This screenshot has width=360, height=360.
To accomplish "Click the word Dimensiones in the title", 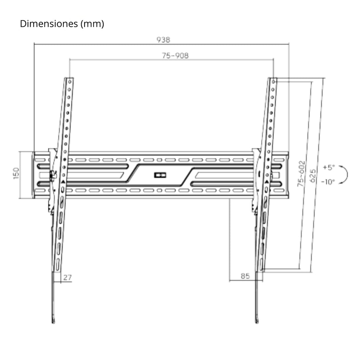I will coord(49,24).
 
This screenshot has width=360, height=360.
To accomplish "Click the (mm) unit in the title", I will coord(92,24).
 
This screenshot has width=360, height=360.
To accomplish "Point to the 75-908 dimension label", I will coord(175,56).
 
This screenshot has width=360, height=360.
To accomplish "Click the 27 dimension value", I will coord(67,277).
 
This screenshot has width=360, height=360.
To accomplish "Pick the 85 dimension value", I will coord(245,276).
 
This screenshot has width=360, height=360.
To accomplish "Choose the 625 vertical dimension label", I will coord(313,175).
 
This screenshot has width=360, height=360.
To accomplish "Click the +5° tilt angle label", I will coord(328,167).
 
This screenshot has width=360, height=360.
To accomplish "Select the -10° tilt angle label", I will coord(328,182).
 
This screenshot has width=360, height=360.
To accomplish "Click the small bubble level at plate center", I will coord(160,175).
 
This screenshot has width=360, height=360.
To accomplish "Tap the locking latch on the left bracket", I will coord(52,175).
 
